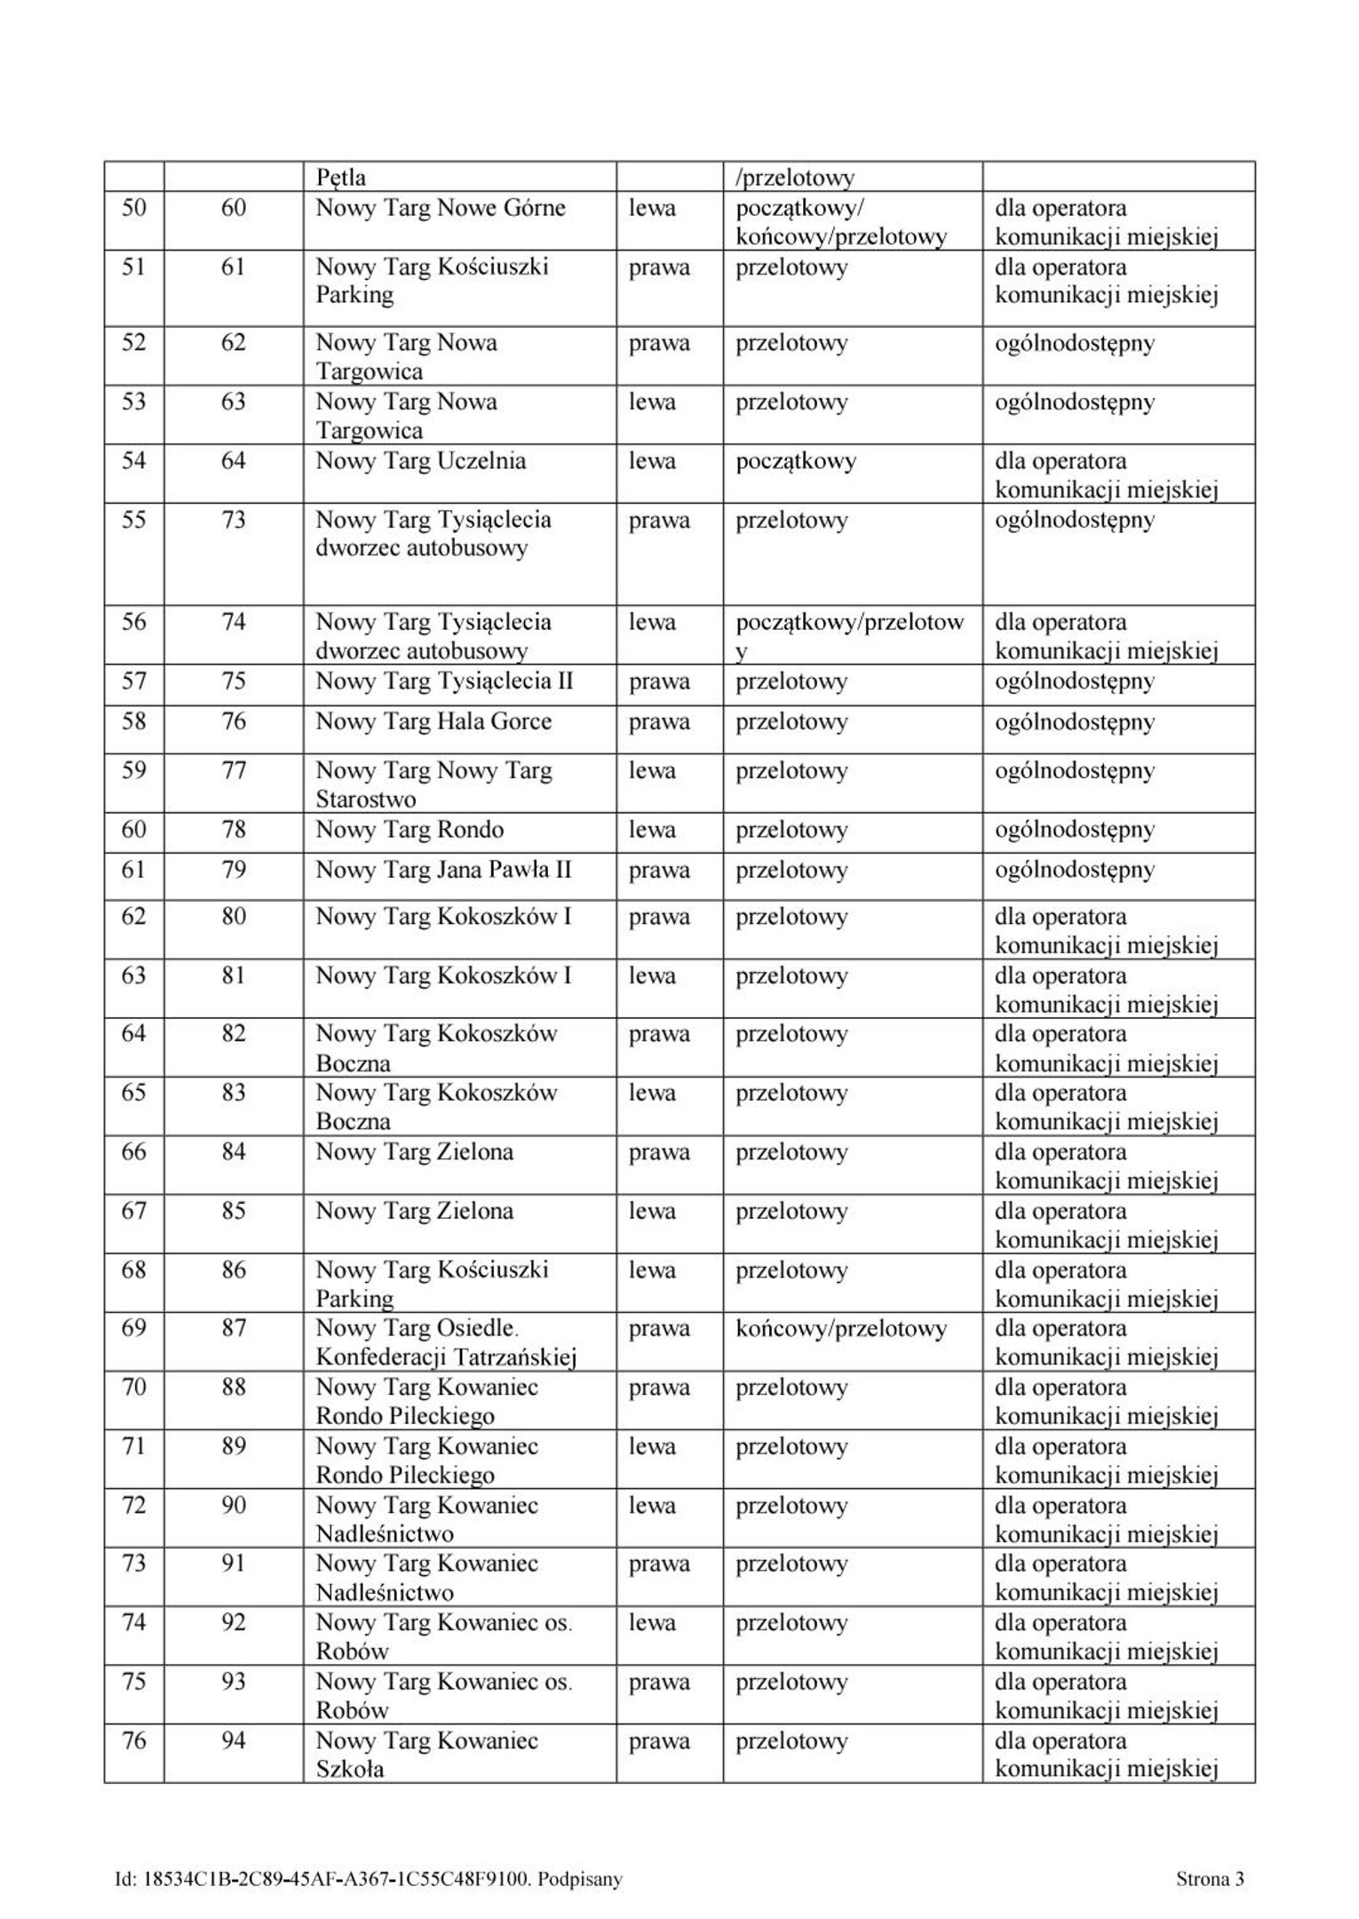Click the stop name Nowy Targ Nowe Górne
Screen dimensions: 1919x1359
click(x=440, y=209)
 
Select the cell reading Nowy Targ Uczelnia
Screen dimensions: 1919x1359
click(x=420, y=461)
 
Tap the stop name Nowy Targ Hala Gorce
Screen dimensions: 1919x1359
click(x=433, y=721)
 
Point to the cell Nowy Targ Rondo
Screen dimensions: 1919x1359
click(x=409, y=830)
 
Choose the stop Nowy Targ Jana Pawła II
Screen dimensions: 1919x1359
click(x=443, y=870)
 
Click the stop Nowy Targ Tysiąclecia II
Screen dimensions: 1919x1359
click(x=444, y=681)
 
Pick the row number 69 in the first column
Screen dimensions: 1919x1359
click(x=133, y=1328)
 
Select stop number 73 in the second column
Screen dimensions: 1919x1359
click(x=233, y=520)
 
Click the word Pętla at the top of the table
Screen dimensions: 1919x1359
click(x=340, y=178)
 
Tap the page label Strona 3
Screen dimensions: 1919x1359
click(x=1210, y=1879)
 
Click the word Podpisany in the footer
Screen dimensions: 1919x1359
click(x=580, y=1879)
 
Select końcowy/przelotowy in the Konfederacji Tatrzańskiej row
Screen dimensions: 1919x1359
click(x=841, y=1329)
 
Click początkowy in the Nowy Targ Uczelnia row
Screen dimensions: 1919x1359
click(x=796, y=461)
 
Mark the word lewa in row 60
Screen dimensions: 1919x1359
click(x=652, y=830)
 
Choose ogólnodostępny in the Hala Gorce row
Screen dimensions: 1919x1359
click(x=1074, y=721)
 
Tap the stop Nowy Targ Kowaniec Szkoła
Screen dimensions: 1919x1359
click(x=426, y=1755)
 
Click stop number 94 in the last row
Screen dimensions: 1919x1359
click(x=233, y=1740)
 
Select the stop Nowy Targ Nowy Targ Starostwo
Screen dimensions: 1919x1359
click(x=433, y=784)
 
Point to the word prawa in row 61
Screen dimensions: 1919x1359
click(x=659, y=870)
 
